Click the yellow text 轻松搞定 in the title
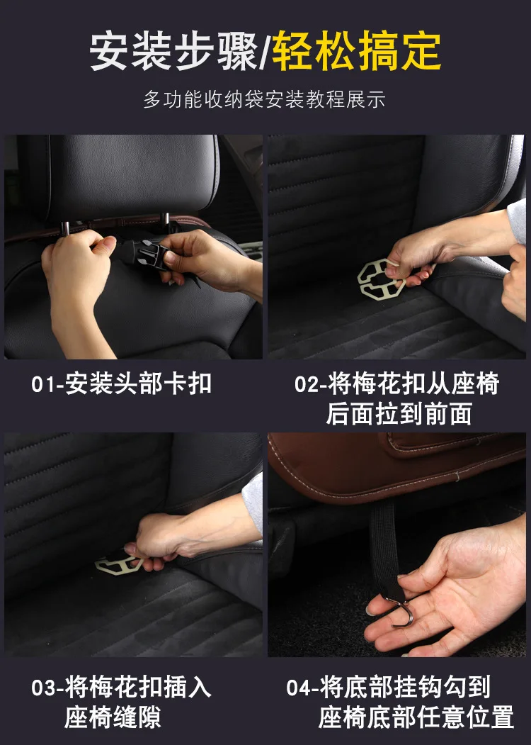tap(357, 51)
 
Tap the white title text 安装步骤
tap(173, 51)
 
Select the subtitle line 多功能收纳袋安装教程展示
tap(264, 99)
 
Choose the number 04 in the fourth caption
tap(299, 688)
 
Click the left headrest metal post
tap(65, 228)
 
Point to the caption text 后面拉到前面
tap(399, 414)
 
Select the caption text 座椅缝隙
tap(113, 717)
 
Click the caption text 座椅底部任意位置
tap(416, 717)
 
